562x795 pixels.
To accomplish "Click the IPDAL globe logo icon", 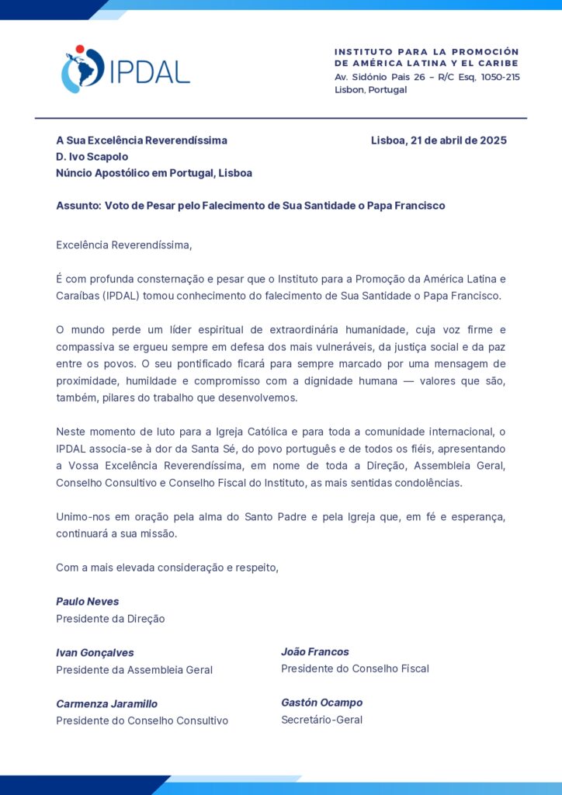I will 82,70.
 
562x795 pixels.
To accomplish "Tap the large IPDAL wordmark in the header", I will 149,72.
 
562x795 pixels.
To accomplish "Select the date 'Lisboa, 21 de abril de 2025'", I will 439,141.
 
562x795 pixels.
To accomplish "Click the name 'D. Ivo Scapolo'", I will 92,157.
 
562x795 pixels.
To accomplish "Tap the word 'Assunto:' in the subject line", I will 78,206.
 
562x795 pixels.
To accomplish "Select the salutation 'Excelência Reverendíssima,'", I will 123,245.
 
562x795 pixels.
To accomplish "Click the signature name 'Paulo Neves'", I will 87,602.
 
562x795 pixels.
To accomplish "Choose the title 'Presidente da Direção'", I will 110,619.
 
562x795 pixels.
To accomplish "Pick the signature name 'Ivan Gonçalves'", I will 95,653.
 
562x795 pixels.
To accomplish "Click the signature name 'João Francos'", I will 314,652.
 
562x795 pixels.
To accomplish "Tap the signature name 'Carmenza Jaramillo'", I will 106,704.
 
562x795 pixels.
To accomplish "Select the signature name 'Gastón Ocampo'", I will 321,703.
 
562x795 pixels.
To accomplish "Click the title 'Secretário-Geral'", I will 321,720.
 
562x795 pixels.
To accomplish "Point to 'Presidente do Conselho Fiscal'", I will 355,668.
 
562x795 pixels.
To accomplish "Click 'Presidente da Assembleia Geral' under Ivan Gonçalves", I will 134,670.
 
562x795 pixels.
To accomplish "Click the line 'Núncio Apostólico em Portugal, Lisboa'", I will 154,173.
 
